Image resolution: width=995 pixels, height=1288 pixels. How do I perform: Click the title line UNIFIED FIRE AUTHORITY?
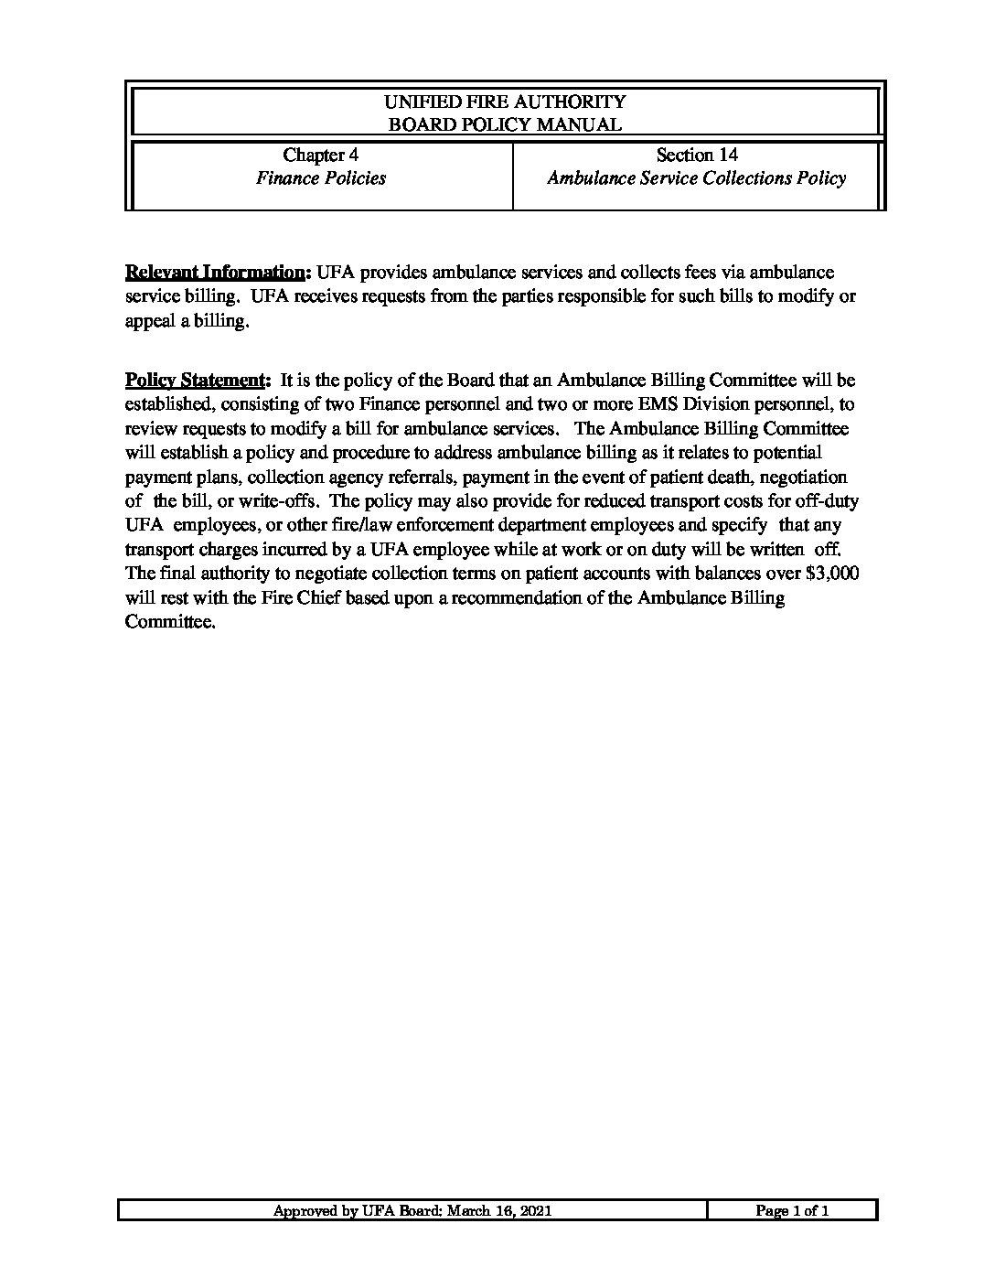point(505,102)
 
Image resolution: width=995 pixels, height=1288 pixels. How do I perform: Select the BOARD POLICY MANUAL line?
point(505,125)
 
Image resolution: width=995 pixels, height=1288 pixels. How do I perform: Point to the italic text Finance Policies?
point(320,179)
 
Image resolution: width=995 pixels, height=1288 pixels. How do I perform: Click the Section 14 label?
point(697,156)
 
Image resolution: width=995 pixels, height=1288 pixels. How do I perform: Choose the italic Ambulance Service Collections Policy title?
point(697,179)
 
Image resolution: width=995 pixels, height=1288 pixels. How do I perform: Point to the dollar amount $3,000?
point(832,574)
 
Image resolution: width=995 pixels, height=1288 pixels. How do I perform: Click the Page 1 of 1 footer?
point(792,1211)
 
